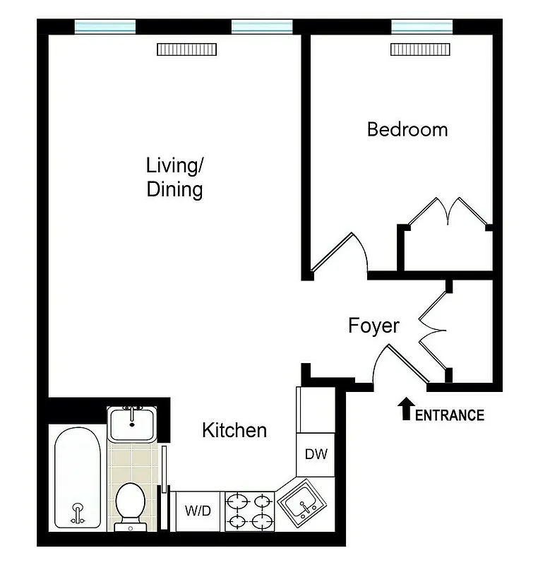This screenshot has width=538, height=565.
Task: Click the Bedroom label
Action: (x=407, y=130)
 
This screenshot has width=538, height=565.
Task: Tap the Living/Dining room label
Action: (x=174, y=178)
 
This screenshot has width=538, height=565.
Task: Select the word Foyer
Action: (x=373, y=326)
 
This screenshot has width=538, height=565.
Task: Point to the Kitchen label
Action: (x=234, y=430)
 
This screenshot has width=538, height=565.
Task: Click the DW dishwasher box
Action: (x=316, y=454)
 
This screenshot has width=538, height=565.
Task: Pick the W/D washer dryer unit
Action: (x=198, y=511)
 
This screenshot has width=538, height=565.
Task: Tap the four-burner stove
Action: (x=249, y=511)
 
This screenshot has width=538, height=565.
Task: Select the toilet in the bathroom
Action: (x=130, y=504)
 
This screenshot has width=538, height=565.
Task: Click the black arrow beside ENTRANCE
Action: (x=406, y=409)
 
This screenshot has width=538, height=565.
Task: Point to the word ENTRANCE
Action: (x=449, y=415)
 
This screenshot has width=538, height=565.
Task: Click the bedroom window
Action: (x=422, y=26)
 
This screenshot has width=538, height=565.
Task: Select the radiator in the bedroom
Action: (x=421, y=49)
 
